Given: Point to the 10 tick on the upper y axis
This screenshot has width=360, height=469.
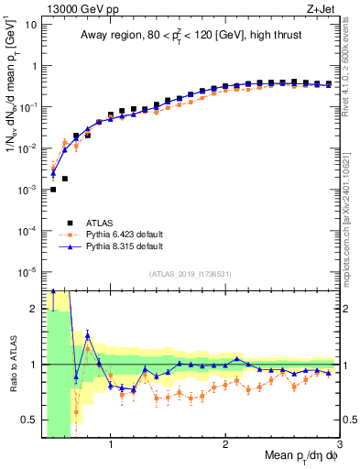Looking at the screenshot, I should pos(31,25).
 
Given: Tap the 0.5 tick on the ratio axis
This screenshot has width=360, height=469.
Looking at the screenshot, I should pos(29,420).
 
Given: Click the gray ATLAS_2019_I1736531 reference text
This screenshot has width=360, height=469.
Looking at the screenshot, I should pos(191,275).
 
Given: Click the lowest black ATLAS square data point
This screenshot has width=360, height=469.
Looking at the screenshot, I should pos(53,190).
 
